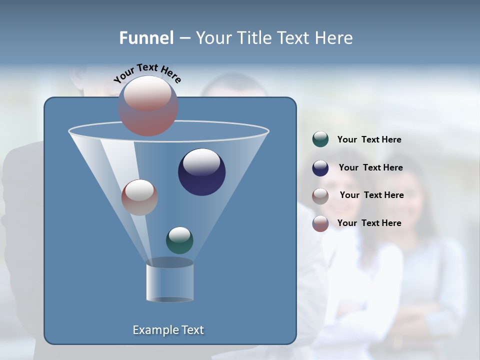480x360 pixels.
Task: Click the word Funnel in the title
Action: [x=146, y=38]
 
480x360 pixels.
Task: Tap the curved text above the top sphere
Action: [x=147, y=72]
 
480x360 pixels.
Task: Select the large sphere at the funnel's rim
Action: [x=148, y=106]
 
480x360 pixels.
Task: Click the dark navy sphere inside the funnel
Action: [x=202, y=172]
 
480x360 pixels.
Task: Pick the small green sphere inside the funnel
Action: [x=179, y=240]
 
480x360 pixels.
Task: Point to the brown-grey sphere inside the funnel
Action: [x=139, y=197]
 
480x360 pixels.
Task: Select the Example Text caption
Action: [x=168, y=330]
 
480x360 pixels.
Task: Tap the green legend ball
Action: [x=320, y=139]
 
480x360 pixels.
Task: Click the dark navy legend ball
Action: [x=320, y=167]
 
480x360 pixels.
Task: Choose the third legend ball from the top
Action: [x=320, y=195]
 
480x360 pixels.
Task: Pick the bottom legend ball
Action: [x=320, y=223]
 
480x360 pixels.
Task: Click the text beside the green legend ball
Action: [x=369, y=140]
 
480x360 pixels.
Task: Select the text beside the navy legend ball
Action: [x=370, y=168]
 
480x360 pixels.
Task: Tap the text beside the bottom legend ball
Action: [x=369, y=223]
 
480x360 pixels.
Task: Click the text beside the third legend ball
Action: [x=371, y=195]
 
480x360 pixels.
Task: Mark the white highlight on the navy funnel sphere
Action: [x=201, y=161]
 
